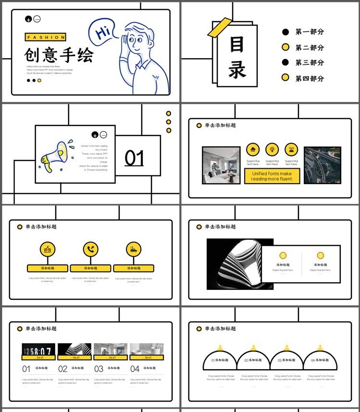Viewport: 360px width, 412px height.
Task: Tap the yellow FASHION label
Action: click(45, 37)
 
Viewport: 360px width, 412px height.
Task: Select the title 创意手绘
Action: click(59, 55)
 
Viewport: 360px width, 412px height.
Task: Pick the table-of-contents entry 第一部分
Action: click(310, 32)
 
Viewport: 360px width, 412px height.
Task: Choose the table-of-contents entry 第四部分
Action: click(310, 78)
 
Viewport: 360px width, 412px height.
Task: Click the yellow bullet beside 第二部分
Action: click(286, 47)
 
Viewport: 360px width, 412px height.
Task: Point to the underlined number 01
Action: click(134, 158)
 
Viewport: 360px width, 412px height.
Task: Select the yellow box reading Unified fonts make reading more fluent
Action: click(272, 176)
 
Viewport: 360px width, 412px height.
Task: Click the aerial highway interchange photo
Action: click(322, 165)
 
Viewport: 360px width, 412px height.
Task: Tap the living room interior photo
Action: click(221, 165)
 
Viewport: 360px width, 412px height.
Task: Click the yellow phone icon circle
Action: click(90, 249)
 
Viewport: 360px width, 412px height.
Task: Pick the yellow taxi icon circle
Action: click(134, 249)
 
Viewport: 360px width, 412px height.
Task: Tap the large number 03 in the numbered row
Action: click(99, 369)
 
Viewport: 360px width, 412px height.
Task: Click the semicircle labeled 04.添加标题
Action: click(320, 360)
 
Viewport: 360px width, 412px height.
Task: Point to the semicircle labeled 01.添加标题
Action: click(220, 360)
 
